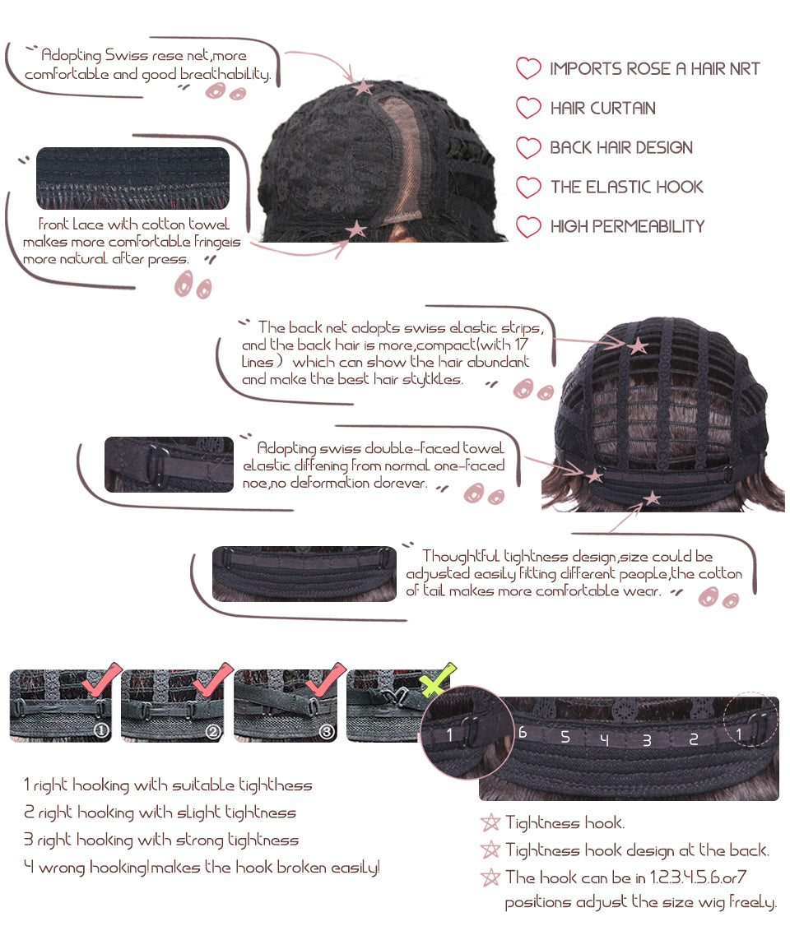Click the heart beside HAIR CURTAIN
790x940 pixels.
(527, 108)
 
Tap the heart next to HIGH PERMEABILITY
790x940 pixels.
(527, 226)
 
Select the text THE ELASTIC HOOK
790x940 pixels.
(626, 187)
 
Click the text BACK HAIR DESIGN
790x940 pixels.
(620, 147)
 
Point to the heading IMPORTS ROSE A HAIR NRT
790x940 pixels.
(654, 69)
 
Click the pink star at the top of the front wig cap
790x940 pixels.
(362, 87)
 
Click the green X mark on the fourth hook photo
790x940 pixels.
(437, 680)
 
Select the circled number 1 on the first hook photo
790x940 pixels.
(100, 731)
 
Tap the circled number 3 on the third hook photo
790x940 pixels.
(327, 731)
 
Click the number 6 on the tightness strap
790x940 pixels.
(523, 733)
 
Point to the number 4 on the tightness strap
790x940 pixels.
(604, 740)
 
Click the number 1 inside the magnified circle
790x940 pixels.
(449, 734)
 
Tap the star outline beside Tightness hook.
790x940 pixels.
(490, 822)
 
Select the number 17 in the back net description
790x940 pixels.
(521, 345)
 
